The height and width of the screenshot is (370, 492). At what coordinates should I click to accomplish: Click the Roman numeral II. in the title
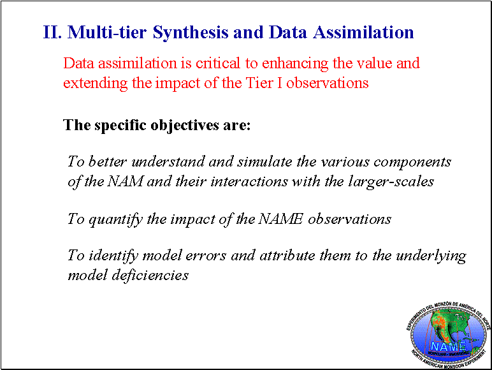tap(52, 32)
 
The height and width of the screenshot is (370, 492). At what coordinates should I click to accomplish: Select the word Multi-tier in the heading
tap(107, 32)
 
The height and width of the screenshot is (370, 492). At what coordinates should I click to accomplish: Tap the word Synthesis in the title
tap(191, 33)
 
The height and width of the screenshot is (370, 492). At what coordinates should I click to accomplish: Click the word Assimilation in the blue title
tap(363, 32)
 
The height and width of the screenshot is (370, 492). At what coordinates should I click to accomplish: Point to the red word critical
tap(218, 63)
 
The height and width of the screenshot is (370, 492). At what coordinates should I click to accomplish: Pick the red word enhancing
tap(295, 64)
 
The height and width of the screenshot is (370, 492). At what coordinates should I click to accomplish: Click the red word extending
tap(96, 84)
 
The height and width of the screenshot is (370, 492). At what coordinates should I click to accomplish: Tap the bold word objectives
tap(185, 126)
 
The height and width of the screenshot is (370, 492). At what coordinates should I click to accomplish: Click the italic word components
tap(412, 163)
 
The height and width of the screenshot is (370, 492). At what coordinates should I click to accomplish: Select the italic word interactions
tap(249, 182)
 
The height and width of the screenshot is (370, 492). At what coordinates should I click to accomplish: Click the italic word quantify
tap(116, 219)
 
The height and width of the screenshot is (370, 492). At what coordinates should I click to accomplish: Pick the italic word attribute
tap(287, 256)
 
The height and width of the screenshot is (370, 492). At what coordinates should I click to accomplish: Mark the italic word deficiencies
tap(150, 275)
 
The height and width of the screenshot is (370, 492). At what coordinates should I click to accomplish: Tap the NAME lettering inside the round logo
tap(449, 346)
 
